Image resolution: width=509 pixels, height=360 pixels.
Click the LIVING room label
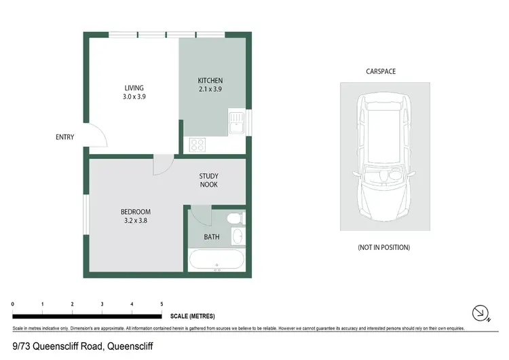tap(134, 88)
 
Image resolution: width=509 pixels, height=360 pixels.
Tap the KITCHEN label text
tap(210, 81)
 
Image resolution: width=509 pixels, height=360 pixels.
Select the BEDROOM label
tap(135, 212)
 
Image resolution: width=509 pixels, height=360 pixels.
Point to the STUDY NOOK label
tap(208, 180)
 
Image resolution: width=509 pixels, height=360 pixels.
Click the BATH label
tap(212, 237)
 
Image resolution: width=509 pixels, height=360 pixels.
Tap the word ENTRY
tap(64, 137)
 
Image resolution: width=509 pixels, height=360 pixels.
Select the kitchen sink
tap(236, 123)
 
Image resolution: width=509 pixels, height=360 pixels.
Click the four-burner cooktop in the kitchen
tap(197, 144)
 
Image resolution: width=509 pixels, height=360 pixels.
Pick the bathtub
tap(216, 260)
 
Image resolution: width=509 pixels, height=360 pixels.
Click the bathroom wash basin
tap(237, 236)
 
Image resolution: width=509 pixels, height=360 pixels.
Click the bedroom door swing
tap(163, 165)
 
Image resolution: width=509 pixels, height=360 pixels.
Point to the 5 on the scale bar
tap(162, 304)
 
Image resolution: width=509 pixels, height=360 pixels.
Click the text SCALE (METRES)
tap(193, 316)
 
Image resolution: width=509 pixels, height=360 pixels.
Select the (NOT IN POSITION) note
tap(384, 247)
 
